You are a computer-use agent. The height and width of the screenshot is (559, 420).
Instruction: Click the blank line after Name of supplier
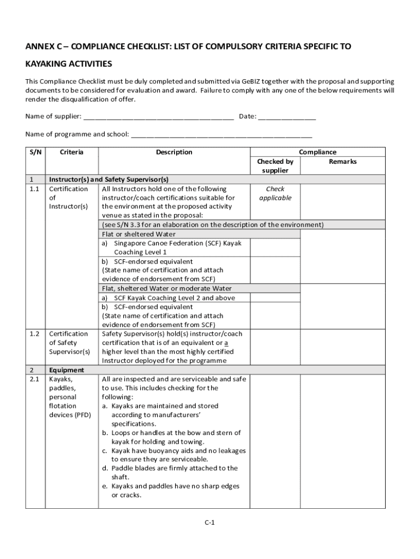coord(159,116)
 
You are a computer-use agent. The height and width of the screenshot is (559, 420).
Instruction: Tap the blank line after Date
coord(287,116)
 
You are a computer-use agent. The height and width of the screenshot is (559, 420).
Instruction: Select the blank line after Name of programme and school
coord(221,134)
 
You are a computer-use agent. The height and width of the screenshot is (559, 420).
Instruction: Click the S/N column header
coord(35,152)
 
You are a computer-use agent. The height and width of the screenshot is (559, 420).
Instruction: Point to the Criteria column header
coord(71,152)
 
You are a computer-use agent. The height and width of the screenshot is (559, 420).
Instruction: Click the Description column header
coord(174,152)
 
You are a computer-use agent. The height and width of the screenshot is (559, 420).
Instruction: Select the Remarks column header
coord(343,162)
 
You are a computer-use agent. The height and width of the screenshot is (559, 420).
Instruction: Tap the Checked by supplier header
coord(275,166)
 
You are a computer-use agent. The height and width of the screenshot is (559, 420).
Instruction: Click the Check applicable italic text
coord(275,193)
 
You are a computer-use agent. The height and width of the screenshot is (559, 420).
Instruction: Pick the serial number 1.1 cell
coord(34,189)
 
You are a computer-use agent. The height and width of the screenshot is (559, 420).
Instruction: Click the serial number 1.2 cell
coord(34,334)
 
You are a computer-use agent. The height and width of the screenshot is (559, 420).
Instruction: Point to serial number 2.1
coord(34,378)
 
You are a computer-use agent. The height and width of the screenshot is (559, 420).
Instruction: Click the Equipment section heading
coord(67,370)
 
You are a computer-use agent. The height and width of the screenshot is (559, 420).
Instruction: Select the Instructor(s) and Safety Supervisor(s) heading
coord(109,179)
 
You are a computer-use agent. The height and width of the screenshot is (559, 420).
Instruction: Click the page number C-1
coord(210,522)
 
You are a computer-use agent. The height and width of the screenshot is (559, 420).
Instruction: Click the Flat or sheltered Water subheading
coord(139,234)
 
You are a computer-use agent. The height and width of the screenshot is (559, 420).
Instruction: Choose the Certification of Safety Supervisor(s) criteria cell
coord(69,342)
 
